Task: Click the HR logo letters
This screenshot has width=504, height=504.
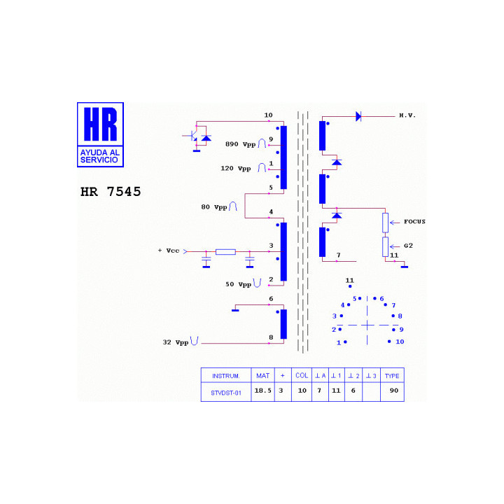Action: pos(100,124)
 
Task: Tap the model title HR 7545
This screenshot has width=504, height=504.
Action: pos(111,192)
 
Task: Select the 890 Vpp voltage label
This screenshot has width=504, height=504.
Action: pos(240,144)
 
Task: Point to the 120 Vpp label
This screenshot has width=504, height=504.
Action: pos(236,169)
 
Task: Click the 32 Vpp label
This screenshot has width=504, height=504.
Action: pos(176,342)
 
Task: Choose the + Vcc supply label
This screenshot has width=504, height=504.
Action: pos(169,251)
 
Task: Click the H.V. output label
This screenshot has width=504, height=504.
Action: pos(407,115)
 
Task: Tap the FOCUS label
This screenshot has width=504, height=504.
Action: pos(414,221)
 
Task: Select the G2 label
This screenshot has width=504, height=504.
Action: pos(408,246)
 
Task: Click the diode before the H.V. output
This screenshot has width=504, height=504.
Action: pos(358,116)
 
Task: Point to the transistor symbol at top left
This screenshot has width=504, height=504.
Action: pos(193,136)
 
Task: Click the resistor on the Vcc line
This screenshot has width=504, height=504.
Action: pos(225,252)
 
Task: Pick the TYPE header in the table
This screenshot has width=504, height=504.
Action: pos(392,376)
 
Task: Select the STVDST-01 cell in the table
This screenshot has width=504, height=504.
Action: pos(226,393)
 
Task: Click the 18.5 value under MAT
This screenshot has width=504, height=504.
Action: pos(263,391)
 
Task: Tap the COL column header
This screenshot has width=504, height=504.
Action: pos(302,375)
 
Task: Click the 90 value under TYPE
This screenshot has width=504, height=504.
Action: pos(394,391)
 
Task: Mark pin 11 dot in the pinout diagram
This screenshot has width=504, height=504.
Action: pos(350,286)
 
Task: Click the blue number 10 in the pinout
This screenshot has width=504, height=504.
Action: pos(400,342)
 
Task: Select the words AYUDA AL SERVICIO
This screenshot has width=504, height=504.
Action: pos(100,156)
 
